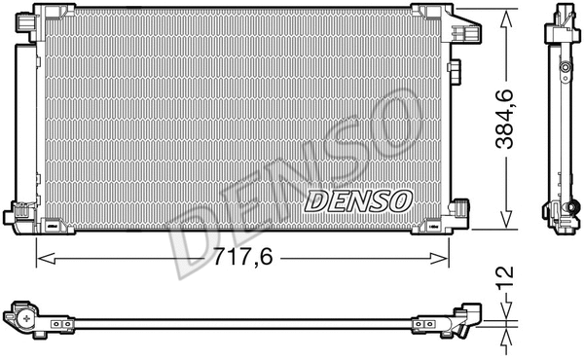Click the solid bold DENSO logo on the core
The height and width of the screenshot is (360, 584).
(x=359, y=201)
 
